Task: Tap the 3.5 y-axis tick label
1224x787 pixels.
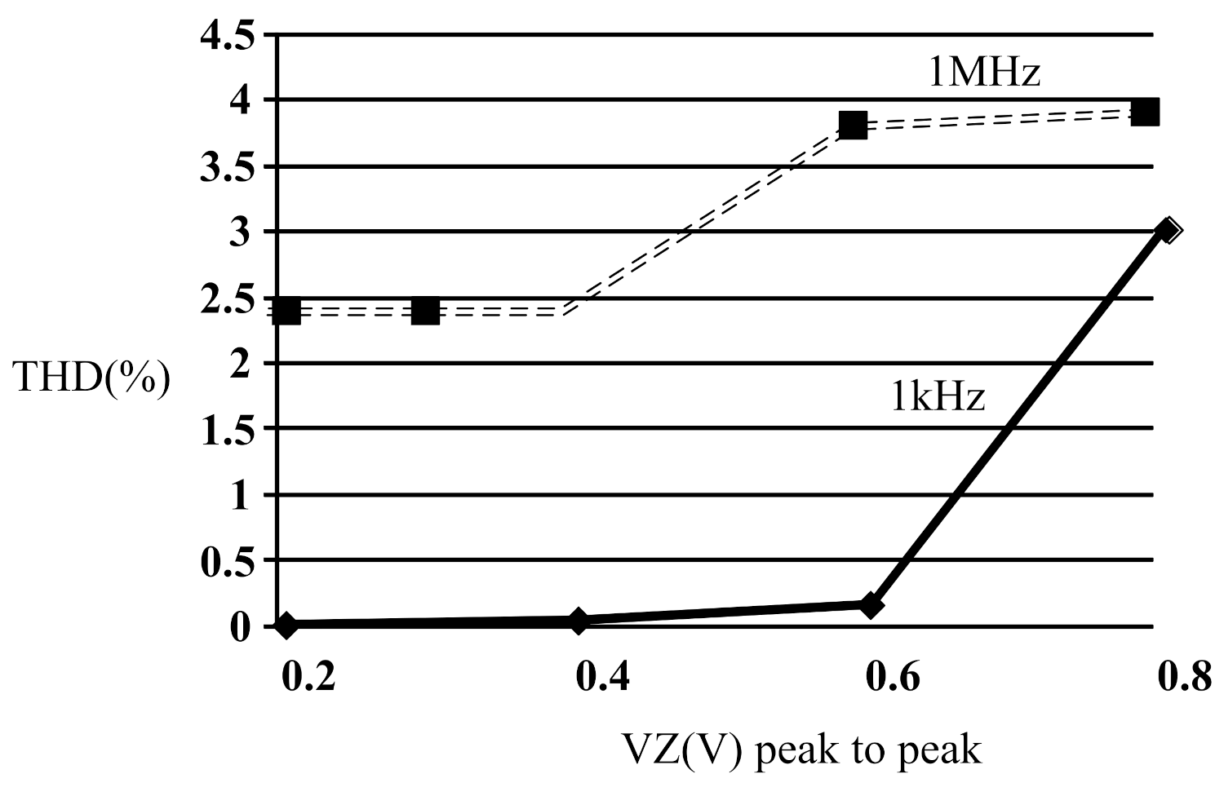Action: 226,168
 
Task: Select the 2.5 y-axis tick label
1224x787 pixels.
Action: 226,300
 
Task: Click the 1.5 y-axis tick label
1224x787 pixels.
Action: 226,431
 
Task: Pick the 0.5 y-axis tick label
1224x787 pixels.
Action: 226,563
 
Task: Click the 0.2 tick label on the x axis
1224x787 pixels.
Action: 308,677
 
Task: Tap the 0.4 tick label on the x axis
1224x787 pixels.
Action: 602,677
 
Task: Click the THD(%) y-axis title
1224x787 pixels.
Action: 93,379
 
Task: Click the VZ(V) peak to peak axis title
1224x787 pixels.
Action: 801,749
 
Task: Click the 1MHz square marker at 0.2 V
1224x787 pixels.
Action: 286,311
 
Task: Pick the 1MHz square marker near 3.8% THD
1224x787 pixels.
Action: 853,126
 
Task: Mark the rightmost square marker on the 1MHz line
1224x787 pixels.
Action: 1146,112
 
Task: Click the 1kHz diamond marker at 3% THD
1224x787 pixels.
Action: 1168,231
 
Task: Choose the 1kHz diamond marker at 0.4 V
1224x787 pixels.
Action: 579,621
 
